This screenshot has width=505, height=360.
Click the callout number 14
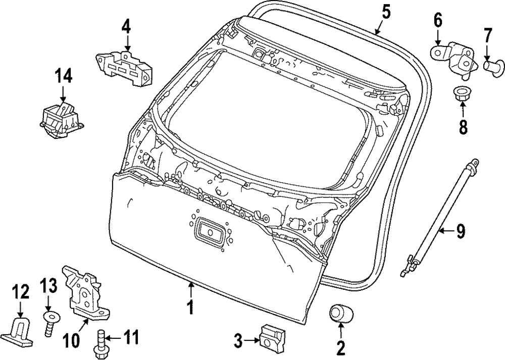pyautogui.click(x=64, y=77)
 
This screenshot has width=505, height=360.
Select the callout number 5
pyautogui.click(x=386, y=11)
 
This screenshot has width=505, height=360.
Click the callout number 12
pyautogui.click(x=21, y=292)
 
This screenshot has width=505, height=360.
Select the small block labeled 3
pyautogui.click(x=272, y=335)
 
